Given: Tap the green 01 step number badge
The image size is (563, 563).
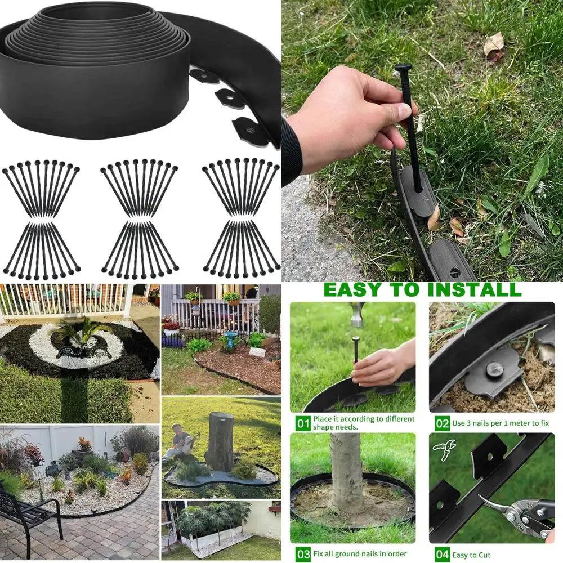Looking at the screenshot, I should (303, 423).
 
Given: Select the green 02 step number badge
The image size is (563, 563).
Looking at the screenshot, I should (442, 423).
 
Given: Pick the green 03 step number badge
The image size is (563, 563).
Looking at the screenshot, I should (303, 554).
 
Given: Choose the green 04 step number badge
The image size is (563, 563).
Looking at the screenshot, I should (442, 554).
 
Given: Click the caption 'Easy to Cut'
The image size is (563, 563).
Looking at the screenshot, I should (472, 555).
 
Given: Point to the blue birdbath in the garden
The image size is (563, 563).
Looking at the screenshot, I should (230, 339).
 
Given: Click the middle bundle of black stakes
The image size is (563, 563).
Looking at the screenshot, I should (140, 220).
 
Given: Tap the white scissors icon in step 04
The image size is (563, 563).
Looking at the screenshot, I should (444, 449).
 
